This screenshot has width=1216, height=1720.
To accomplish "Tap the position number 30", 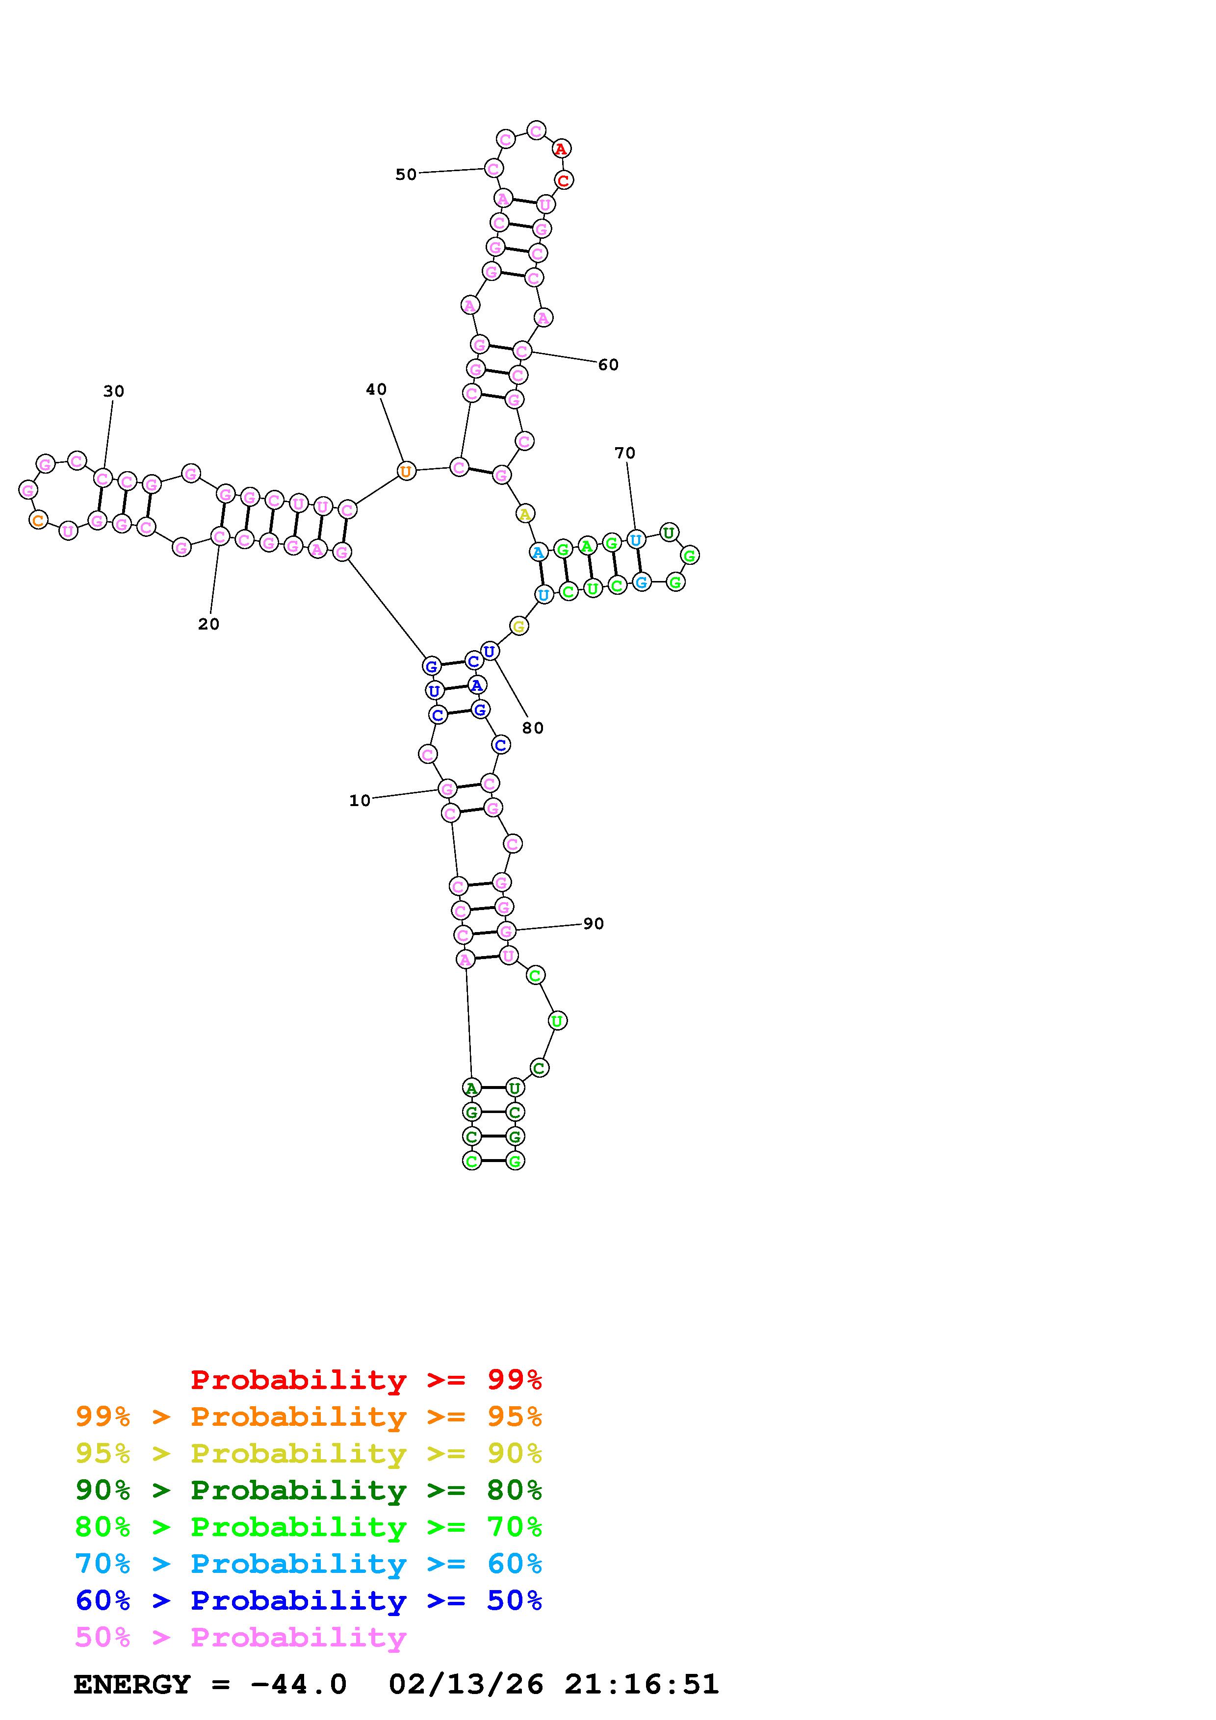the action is [113, 391].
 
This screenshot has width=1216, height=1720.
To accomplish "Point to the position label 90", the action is [594, 924].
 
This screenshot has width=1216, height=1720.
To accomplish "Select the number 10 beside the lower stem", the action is [360, 801].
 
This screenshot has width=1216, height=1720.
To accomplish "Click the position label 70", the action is [625, 453].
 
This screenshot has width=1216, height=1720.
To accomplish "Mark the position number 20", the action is [208, 624].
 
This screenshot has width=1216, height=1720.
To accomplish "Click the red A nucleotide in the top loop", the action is [561, 149].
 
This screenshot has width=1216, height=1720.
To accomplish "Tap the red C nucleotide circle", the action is [564, 180].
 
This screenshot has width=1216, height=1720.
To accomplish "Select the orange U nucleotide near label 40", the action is [405, 471].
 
